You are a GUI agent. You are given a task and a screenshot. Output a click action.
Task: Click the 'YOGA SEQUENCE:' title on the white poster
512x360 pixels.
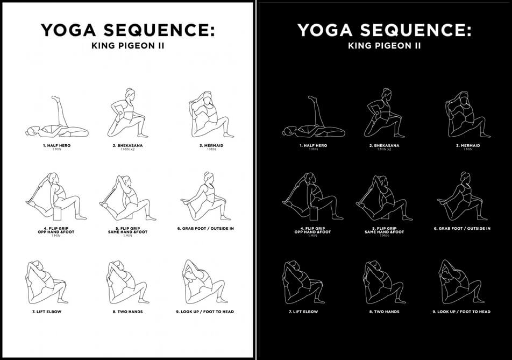point(127,31)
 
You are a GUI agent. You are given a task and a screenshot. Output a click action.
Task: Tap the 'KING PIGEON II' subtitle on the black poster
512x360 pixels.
point(384,46)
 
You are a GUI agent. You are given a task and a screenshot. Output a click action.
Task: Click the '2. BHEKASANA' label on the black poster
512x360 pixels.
point(384,145)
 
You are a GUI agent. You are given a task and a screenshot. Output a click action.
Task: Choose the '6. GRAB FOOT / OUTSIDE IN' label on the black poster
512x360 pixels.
point(462,228)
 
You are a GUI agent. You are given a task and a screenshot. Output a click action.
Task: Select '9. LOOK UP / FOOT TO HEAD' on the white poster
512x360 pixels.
point(206,312)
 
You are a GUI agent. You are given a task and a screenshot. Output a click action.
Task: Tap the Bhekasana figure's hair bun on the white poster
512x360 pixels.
point(129,91)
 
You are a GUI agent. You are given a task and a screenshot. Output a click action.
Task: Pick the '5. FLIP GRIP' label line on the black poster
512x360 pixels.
point(384,228)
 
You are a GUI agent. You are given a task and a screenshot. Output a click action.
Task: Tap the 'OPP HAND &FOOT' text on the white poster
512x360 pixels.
point(51,232)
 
